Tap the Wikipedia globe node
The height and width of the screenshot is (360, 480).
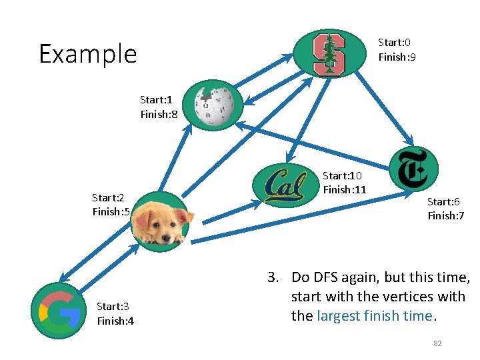(213, 105)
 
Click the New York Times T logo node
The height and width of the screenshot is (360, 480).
(414, 168)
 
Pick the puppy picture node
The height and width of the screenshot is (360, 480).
(161, 221)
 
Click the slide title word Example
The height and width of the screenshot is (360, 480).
(87, 54)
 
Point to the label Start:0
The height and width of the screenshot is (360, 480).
(394, 42)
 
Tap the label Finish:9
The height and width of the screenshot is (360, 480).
(397, 57)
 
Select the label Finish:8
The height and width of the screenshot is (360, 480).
(159, 115)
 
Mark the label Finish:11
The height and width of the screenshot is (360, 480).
(344, 190)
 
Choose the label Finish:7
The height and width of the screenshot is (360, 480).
(445, 216)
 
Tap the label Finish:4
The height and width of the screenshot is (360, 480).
(115, 321)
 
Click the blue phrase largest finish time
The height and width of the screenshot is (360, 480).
(374, 316)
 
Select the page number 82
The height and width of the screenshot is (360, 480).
(437, 343)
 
